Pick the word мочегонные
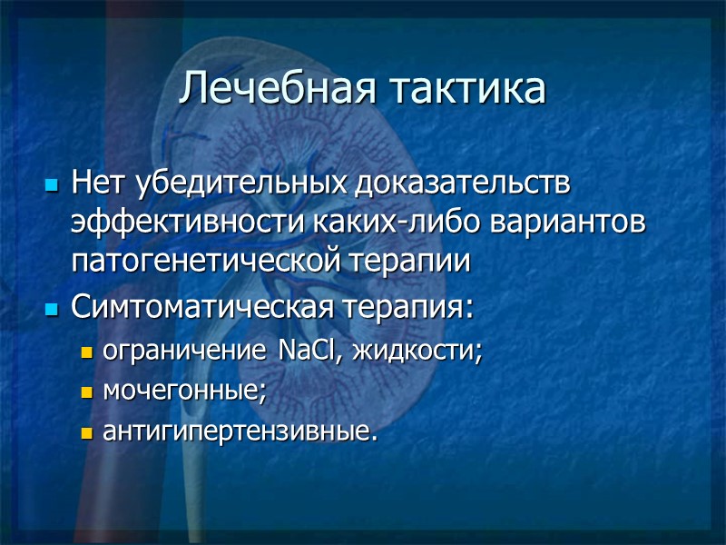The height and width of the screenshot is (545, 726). coord(185,391)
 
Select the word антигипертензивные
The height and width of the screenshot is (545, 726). coord(237,432)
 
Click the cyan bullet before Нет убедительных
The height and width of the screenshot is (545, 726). coord(52,186)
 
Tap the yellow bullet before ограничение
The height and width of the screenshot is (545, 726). coord(87,352)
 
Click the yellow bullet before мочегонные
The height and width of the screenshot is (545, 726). coord(87,393)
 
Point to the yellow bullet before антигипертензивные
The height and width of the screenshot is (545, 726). coord(87,434)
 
